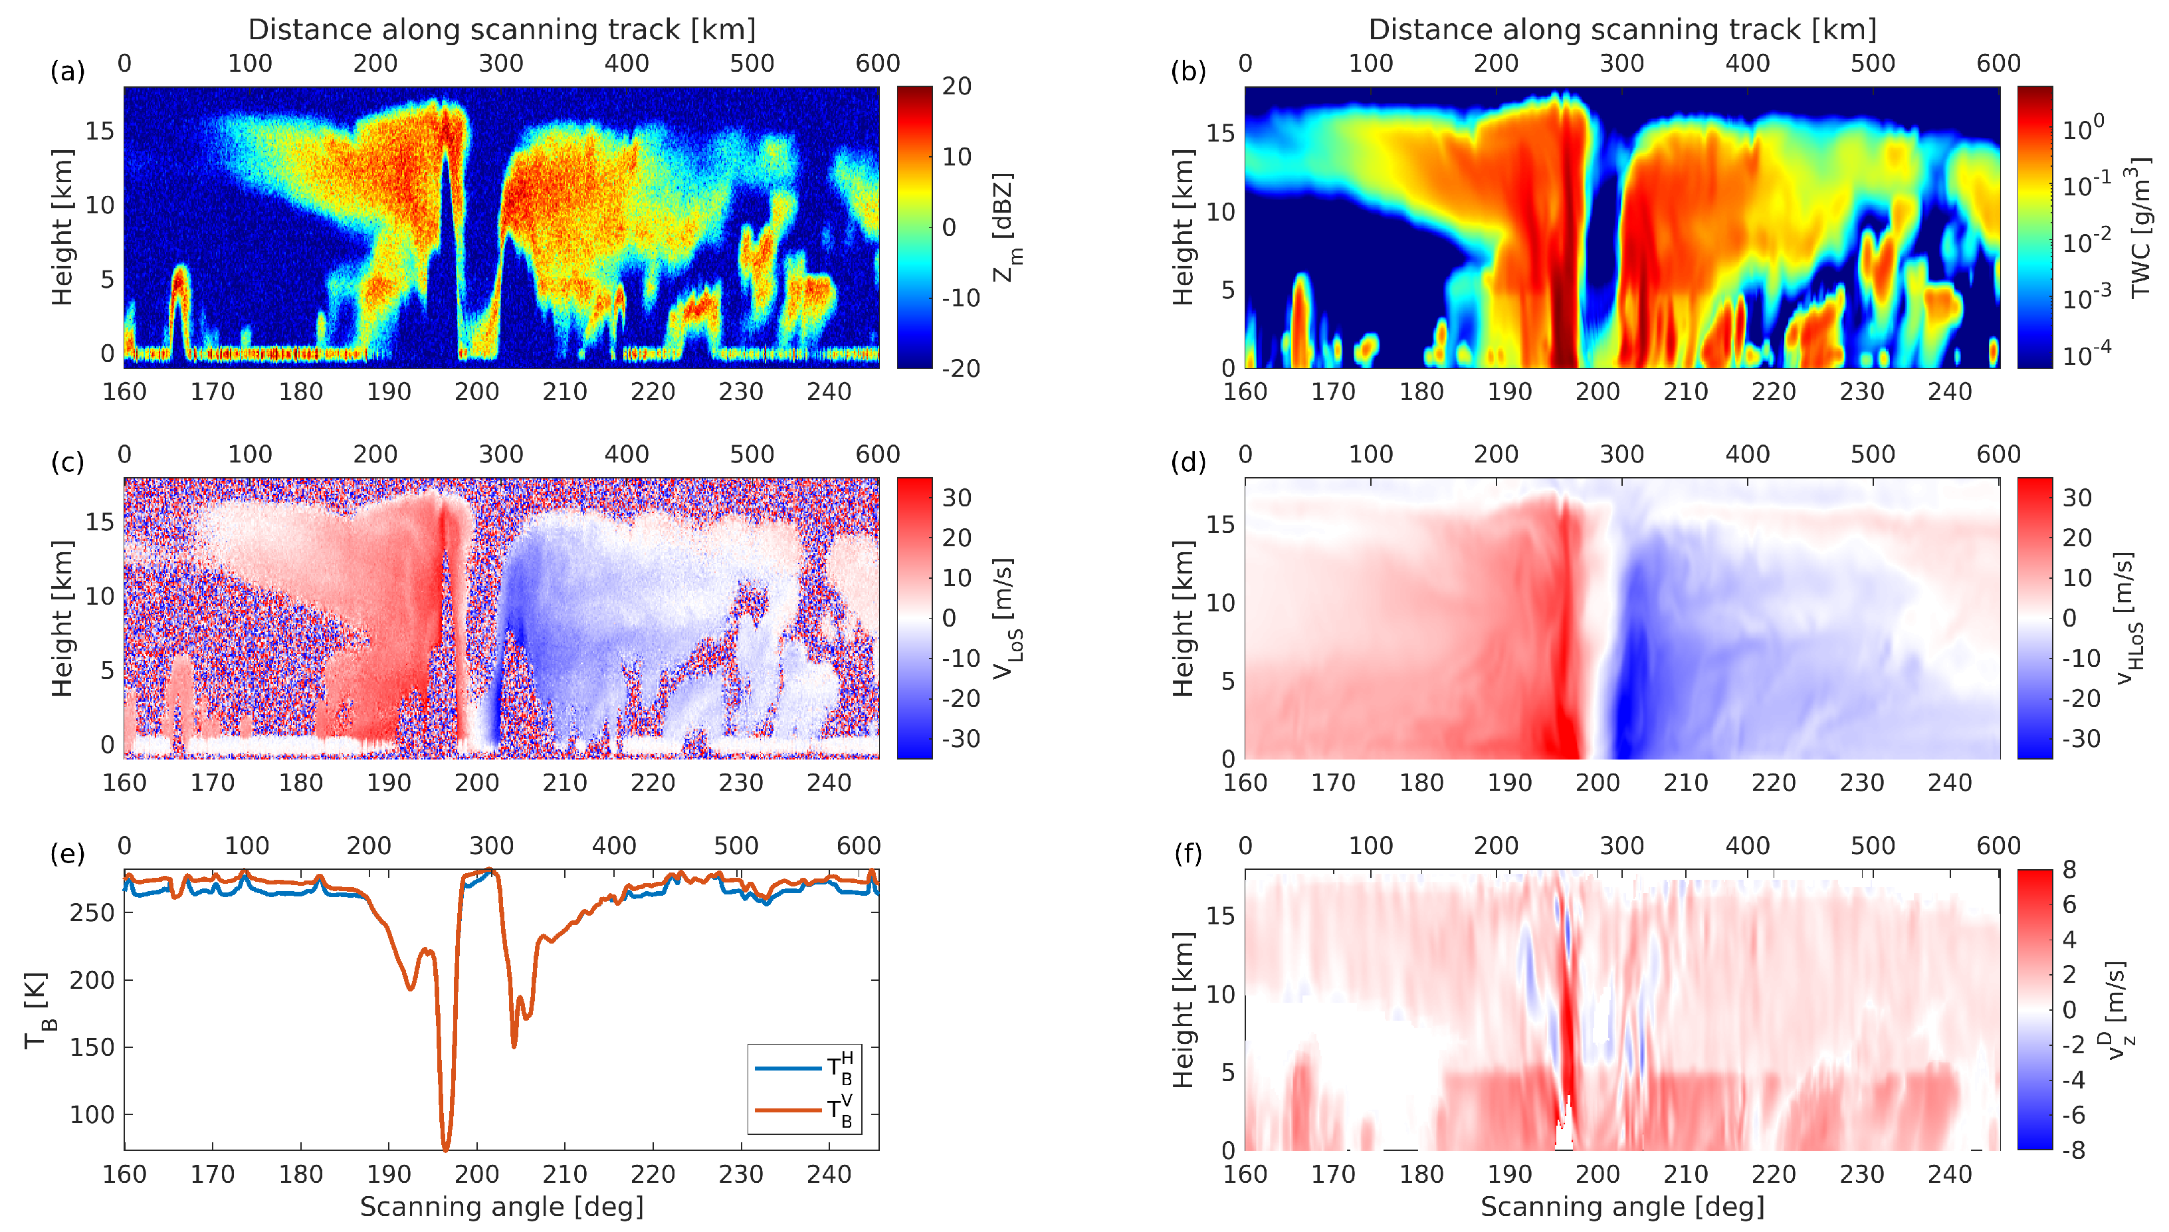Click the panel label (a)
[68, 71]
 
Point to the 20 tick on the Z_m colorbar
[957, 86]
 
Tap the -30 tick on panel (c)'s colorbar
[961, 739]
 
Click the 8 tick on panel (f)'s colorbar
[2069, 870]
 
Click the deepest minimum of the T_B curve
[446, 1148]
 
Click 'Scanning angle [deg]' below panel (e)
[501, 1207]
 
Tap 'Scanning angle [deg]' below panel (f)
[1621, 1207]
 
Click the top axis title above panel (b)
[1621, 30]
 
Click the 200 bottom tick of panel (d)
[1597, 783]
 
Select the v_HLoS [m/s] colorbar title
[2132, 618]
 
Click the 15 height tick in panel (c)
[100, 522]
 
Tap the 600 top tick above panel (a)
[877, 64]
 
